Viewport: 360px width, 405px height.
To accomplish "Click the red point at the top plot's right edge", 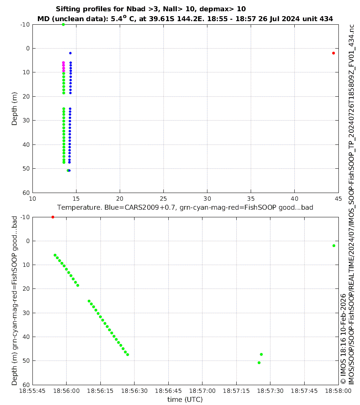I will (x=333, y=53).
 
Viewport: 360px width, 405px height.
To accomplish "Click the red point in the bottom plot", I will (x=53, y=217).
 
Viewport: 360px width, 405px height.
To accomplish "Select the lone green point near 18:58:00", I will (x=333, y=246).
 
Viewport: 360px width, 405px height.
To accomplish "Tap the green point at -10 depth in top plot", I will (x=63, y=24).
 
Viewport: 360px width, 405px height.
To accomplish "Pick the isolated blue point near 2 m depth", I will (x=70, y=53).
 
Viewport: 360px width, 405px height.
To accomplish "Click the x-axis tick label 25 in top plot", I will (x=163, y=198).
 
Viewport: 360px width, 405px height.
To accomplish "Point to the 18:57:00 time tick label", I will (x=202, y=391).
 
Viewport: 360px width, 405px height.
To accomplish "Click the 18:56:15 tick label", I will (x=100, y=391).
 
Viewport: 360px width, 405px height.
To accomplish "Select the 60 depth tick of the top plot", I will (x=25, y=193).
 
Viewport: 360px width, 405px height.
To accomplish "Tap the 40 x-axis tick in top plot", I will (x=294, y=198).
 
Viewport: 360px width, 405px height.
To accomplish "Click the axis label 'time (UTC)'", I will (x=185, y=399).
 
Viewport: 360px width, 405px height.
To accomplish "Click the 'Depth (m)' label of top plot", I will (x=14, y=108).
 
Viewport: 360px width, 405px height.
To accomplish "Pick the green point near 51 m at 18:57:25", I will (x=259, y=363).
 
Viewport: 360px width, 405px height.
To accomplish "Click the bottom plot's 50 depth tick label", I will (x=25, y=361).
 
